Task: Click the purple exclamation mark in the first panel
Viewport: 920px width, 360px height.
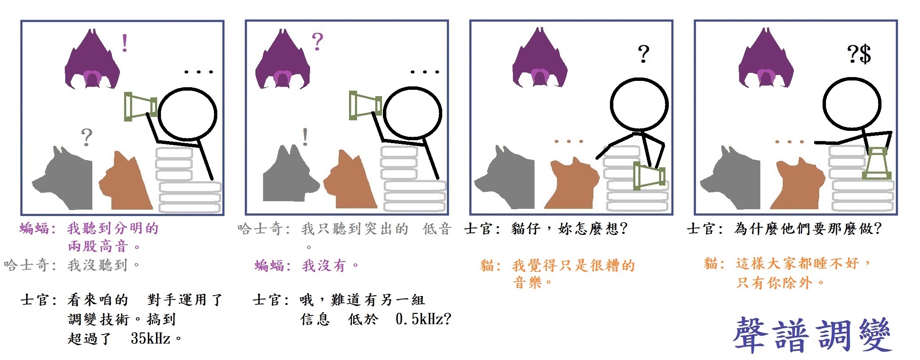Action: [125, 43]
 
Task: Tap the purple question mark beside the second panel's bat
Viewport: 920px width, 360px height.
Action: [317, 42]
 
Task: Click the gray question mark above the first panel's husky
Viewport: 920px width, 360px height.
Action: [86, 137]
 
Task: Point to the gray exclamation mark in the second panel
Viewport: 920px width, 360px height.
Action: [305, 137]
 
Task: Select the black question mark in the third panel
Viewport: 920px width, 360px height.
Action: [643, 54]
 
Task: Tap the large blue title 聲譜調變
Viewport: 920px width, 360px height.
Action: [812, 335]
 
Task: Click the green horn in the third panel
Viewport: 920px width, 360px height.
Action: [649, 176]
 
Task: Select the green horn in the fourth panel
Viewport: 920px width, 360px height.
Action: [876, 163]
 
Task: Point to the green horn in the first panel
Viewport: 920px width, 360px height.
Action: [141, 106]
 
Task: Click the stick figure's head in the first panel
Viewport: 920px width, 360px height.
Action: [188, 113]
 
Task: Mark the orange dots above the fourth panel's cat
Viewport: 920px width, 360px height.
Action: [789, 142]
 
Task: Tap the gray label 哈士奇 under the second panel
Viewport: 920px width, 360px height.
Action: [260, 229]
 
